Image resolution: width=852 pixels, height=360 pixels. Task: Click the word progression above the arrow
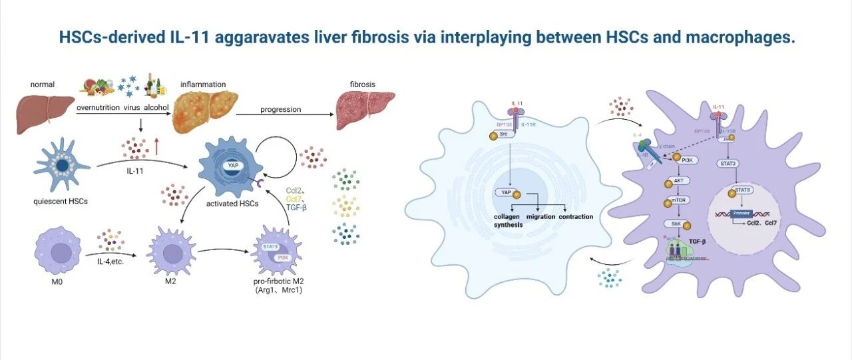tap(281, 109)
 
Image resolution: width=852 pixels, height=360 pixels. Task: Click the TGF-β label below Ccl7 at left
tap(296, 207)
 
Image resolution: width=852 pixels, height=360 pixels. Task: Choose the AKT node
tap(678, 180)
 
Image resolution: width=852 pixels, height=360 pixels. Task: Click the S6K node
tap(676, 226)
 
